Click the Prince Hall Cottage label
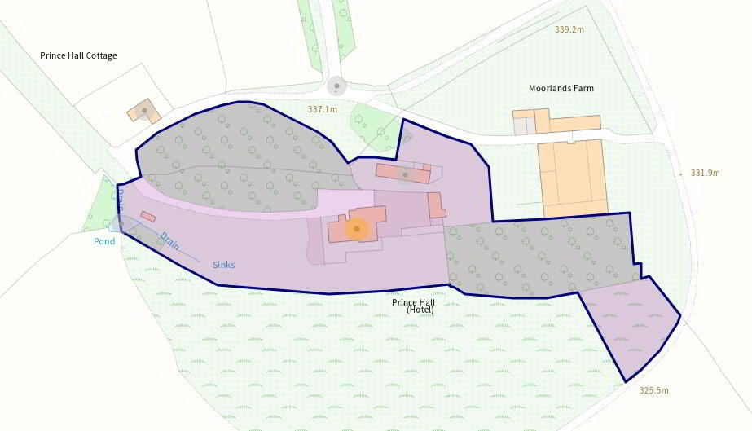coord(78,55)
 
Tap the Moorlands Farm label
coord(561,88)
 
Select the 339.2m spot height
coord(569,29)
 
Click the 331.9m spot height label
coord(706,173)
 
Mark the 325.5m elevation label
coord(653,390)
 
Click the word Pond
coord(103,242)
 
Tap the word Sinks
coord(223,265)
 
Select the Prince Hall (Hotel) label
coord(420,306)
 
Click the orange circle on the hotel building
coord(356,229)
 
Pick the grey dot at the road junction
coord(336,85)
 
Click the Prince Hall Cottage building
coord(144,111)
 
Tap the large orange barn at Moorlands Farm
coord(572,178)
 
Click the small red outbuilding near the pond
coord(147,217)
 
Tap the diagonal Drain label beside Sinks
coord(169,243)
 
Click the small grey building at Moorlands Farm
coord(522,125)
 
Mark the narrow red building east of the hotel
coord(436,205)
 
